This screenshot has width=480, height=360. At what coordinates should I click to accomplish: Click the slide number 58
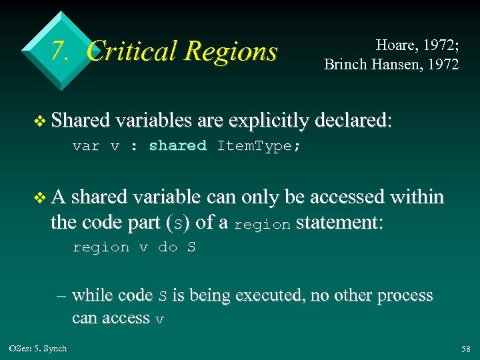(465, 349)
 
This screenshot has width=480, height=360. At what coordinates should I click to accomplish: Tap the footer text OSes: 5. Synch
(38, 349)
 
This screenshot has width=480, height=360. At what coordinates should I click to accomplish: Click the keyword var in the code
(86, 146)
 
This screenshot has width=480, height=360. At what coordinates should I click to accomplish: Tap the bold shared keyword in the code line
(177, 146)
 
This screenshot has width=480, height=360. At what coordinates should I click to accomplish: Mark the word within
(416, 197)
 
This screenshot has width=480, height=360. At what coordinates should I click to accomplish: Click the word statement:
(339, 221)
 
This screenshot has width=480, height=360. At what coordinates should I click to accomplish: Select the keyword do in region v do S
(167, 247)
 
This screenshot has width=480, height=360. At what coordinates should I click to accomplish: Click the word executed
(286, 295)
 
